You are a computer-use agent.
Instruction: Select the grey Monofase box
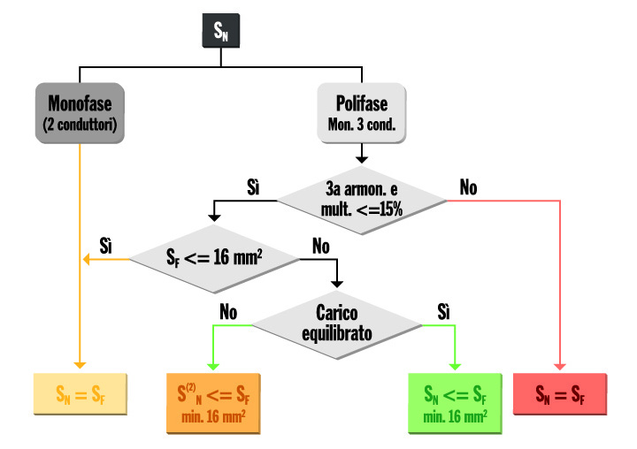[x=80, y=112]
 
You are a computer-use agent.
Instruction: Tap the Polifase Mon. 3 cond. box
[x=361, y=112]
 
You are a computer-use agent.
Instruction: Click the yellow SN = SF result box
[x=80, y=393]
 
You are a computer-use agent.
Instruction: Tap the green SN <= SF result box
[x=453, y=402]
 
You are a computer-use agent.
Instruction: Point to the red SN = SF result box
[x=560, y=393]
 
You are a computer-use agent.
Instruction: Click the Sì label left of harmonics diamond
[x=254, y=188]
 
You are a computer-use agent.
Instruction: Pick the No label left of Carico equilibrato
[x=229, y=310]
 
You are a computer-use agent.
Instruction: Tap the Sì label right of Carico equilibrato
[x=443, y=310]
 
